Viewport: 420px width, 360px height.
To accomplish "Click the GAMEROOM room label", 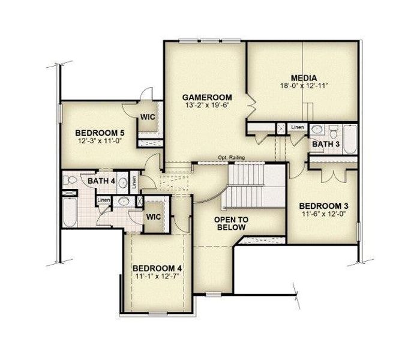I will (208, 97).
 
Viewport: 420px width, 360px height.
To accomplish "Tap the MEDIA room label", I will (304, 78).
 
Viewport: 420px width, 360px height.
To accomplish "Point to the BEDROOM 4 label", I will (157, 268).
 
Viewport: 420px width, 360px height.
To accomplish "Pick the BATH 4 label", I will (101, 181).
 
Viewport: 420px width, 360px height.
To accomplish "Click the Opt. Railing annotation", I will (230, 158).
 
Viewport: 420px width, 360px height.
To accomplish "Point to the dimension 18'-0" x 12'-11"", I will (304, 86).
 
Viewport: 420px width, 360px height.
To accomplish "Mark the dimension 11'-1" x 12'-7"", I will (157, 276).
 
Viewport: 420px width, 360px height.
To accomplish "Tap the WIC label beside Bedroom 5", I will (148, 116).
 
